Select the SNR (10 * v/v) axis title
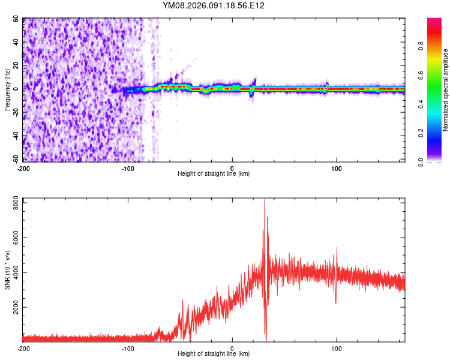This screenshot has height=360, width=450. coord(7,269)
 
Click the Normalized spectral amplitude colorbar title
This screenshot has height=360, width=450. coord(445,90)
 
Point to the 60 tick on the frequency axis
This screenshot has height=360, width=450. coord(16,19)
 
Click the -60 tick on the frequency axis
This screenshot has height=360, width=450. coord(15,160)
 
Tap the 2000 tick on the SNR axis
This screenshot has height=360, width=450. coord(13,307)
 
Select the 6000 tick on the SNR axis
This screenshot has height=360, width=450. coord(13,238)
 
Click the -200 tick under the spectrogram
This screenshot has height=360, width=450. coord(23,168)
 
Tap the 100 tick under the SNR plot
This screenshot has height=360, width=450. coord(337,348)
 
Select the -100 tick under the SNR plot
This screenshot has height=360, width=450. coord(128,348)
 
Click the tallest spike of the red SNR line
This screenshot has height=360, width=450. coord(265,200)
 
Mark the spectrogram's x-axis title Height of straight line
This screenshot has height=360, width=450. coord(214,174)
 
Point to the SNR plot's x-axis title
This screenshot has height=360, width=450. coord(214,354)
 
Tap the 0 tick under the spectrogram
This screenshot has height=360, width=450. coord(232,168)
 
